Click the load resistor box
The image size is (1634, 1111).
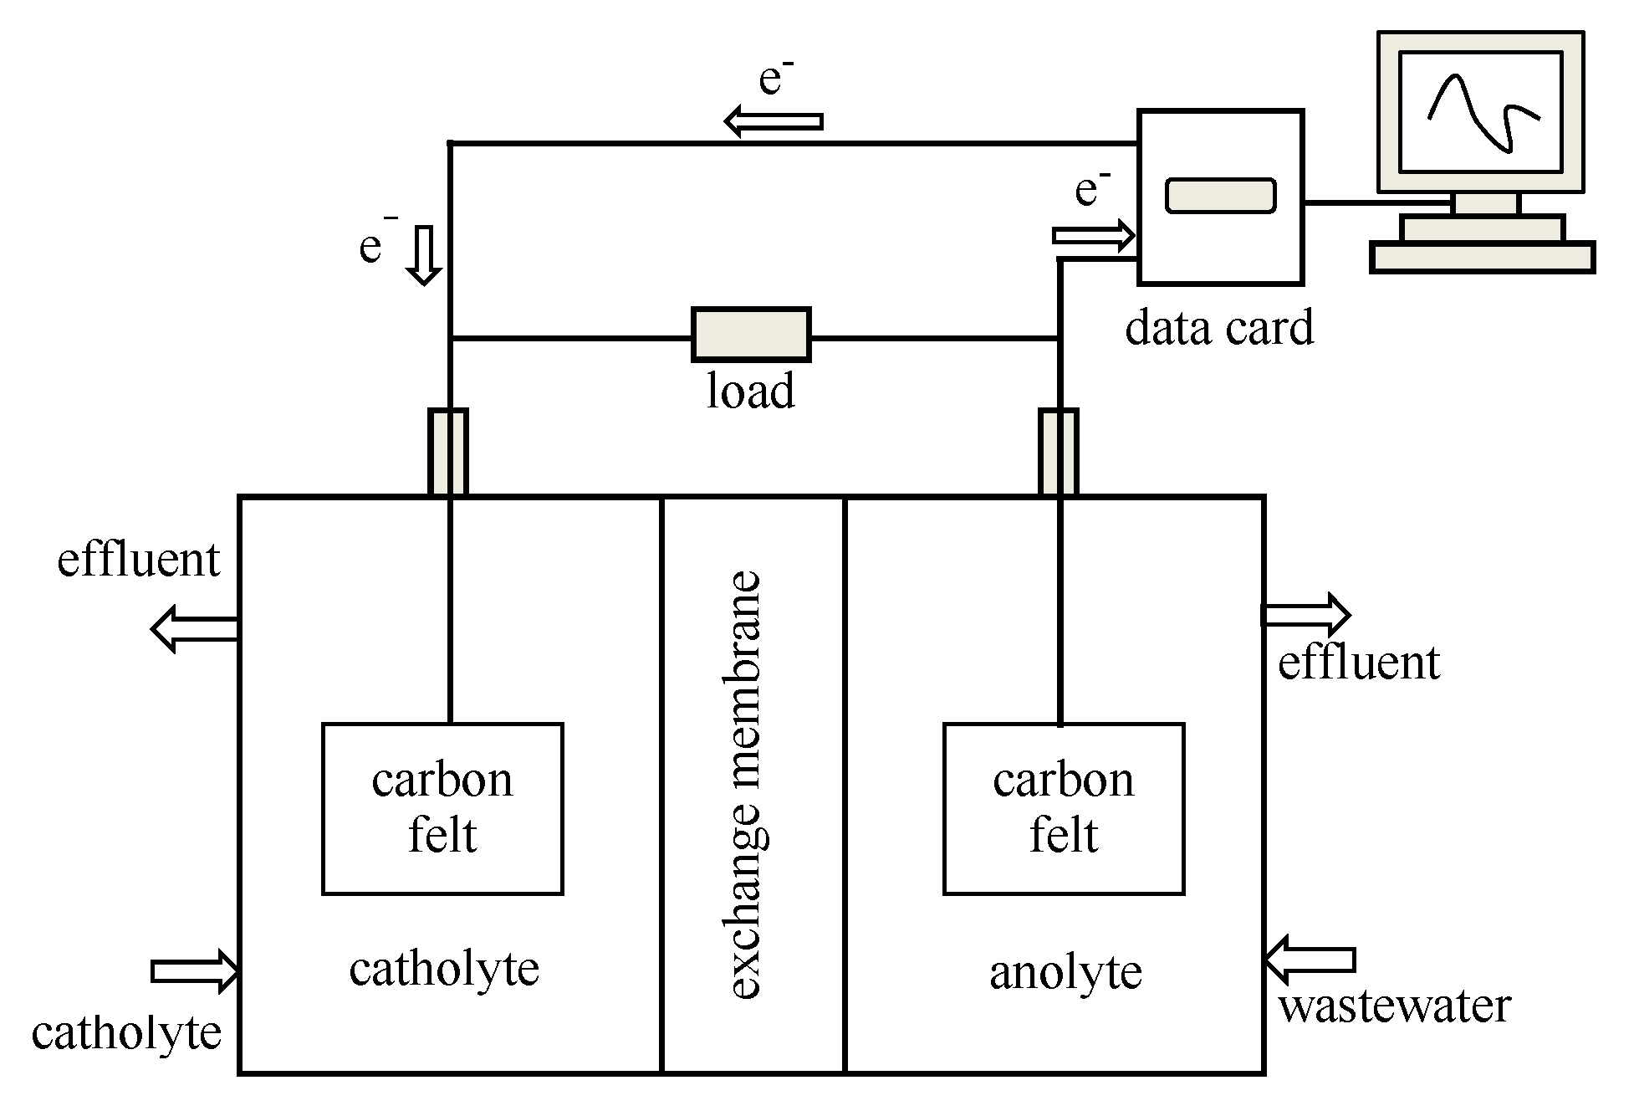click(751, 335)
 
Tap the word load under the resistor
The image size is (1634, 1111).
click(750, 391)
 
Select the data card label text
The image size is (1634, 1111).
click(1219, 327)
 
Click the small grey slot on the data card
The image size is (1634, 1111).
click(1221, 196)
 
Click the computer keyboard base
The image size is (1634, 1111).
click(1483, 258)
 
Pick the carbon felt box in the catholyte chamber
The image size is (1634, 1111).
click(442, 809)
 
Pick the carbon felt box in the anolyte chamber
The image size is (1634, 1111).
click(1064, 809)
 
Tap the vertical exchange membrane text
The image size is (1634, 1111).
click(746, 785)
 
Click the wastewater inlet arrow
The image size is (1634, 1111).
click(1309, 960)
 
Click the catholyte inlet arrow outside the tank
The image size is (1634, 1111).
click(196, 971)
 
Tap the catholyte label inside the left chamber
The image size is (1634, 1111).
click(444, 970)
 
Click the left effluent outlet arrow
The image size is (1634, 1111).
click(195, 629)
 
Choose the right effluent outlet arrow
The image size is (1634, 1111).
click(1306, 616)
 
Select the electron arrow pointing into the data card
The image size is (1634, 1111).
click(1094, 237)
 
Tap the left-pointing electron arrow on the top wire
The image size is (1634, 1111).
click(774, 121)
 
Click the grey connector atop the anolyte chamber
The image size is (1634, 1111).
click(1059, 453)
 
